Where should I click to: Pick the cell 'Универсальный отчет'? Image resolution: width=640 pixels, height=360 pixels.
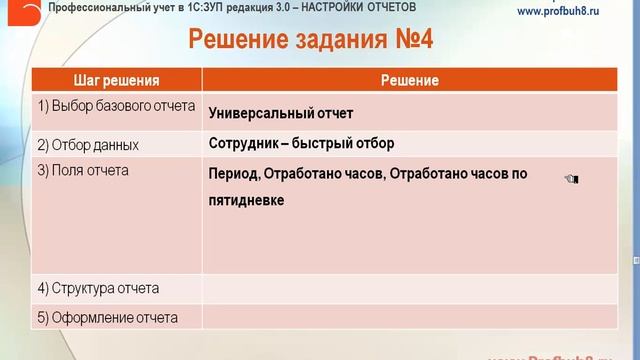point(281,113)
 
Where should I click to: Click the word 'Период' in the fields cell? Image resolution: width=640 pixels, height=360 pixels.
point(233,174)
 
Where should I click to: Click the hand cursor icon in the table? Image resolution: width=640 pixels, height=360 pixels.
point(571,179)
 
